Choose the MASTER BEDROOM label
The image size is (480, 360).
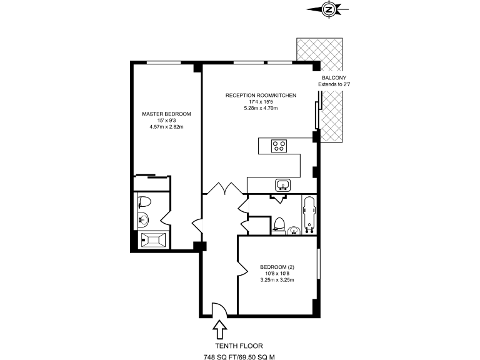click(x=166, y=114)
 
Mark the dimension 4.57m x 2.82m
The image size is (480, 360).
click(x=166, y=127)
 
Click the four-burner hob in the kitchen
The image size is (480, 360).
click(x=279, y=146)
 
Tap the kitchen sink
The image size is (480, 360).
click(x=282, y=184)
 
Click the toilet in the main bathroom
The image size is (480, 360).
click(x=280, y=224)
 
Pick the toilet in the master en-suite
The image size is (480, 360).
click(x=144, y=201)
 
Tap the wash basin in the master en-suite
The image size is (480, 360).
click(x=143, y=219)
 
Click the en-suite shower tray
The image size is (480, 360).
click(x=153, y=239)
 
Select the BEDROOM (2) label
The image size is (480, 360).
click(x=277, y=267)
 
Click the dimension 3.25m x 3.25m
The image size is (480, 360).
click(x=277, y=280)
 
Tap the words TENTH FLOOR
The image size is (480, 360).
click(x=239, y=346)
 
